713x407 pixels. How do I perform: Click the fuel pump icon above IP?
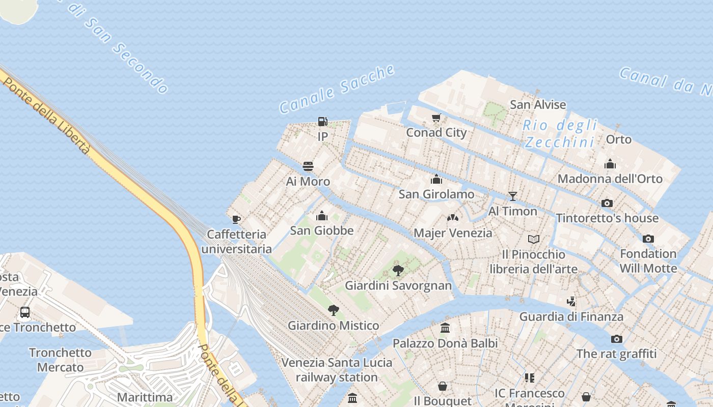click(x=322, y=122)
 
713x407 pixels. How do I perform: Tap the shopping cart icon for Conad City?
click(x=436, y=118)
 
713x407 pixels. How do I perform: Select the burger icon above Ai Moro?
click(x=308, y=166)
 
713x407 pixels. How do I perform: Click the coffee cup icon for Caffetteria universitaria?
click(x=236, y=219)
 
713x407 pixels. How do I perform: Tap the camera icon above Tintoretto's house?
click(x=607, y=203)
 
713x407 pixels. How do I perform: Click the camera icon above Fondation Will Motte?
click(x=648, y=239)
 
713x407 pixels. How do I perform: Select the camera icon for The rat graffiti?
click(x=616, y=339)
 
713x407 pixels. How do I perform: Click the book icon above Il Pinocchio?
click(x=533, y=239)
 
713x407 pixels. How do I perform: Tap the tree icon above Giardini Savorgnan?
click(x=398, y=270)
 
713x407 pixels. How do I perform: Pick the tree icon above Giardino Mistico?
click(x=334, y=310)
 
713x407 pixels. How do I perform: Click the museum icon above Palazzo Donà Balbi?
click(x=445, y=328)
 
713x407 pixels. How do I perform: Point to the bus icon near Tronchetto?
click(x=24, y=312)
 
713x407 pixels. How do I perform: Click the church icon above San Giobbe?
click(x=321, y=216)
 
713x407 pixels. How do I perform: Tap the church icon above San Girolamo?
click(x=436, y=179)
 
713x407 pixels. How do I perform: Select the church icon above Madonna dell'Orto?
click(x=610, y=164)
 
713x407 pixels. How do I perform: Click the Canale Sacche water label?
click(x=337, y=89)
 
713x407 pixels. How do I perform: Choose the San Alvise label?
click(x=538, y=105)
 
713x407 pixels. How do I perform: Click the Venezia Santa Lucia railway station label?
click(x=337, y=370)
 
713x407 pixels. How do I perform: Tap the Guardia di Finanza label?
click(x=571, y=316)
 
